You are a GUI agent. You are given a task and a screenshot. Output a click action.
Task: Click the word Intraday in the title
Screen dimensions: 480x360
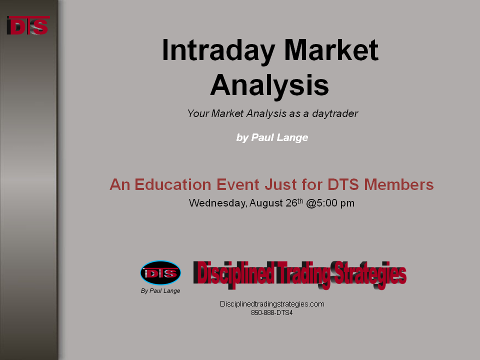218,50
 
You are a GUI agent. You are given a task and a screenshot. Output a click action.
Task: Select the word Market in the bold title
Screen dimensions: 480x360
331,49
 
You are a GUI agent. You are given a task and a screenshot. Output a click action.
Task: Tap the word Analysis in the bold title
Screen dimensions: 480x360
269,85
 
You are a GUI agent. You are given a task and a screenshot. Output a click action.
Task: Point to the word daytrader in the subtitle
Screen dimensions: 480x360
335,113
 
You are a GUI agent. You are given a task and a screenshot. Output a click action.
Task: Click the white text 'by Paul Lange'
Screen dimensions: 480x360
272,137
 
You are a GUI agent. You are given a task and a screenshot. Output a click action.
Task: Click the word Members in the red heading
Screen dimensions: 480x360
398,184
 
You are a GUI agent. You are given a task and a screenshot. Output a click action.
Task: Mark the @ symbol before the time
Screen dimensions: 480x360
311,203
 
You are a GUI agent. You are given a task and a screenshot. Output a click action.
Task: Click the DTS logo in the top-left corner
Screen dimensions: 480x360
28,25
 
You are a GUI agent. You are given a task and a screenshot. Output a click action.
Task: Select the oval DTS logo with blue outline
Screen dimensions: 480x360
160,273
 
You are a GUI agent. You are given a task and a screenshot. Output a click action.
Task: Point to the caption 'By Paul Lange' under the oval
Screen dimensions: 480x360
160,291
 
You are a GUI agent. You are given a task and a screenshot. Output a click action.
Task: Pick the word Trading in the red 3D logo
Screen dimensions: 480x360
303,275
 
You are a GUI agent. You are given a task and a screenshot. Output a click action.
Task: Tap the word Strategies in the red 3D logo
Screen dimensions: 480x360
370,275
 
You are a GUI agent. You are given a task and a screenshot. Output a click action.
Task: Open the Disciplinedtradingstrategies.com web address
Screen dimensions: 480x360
272,304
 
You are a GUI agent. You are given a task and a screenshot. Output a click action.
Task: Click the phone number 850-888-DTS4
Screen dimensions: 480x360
272,313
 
